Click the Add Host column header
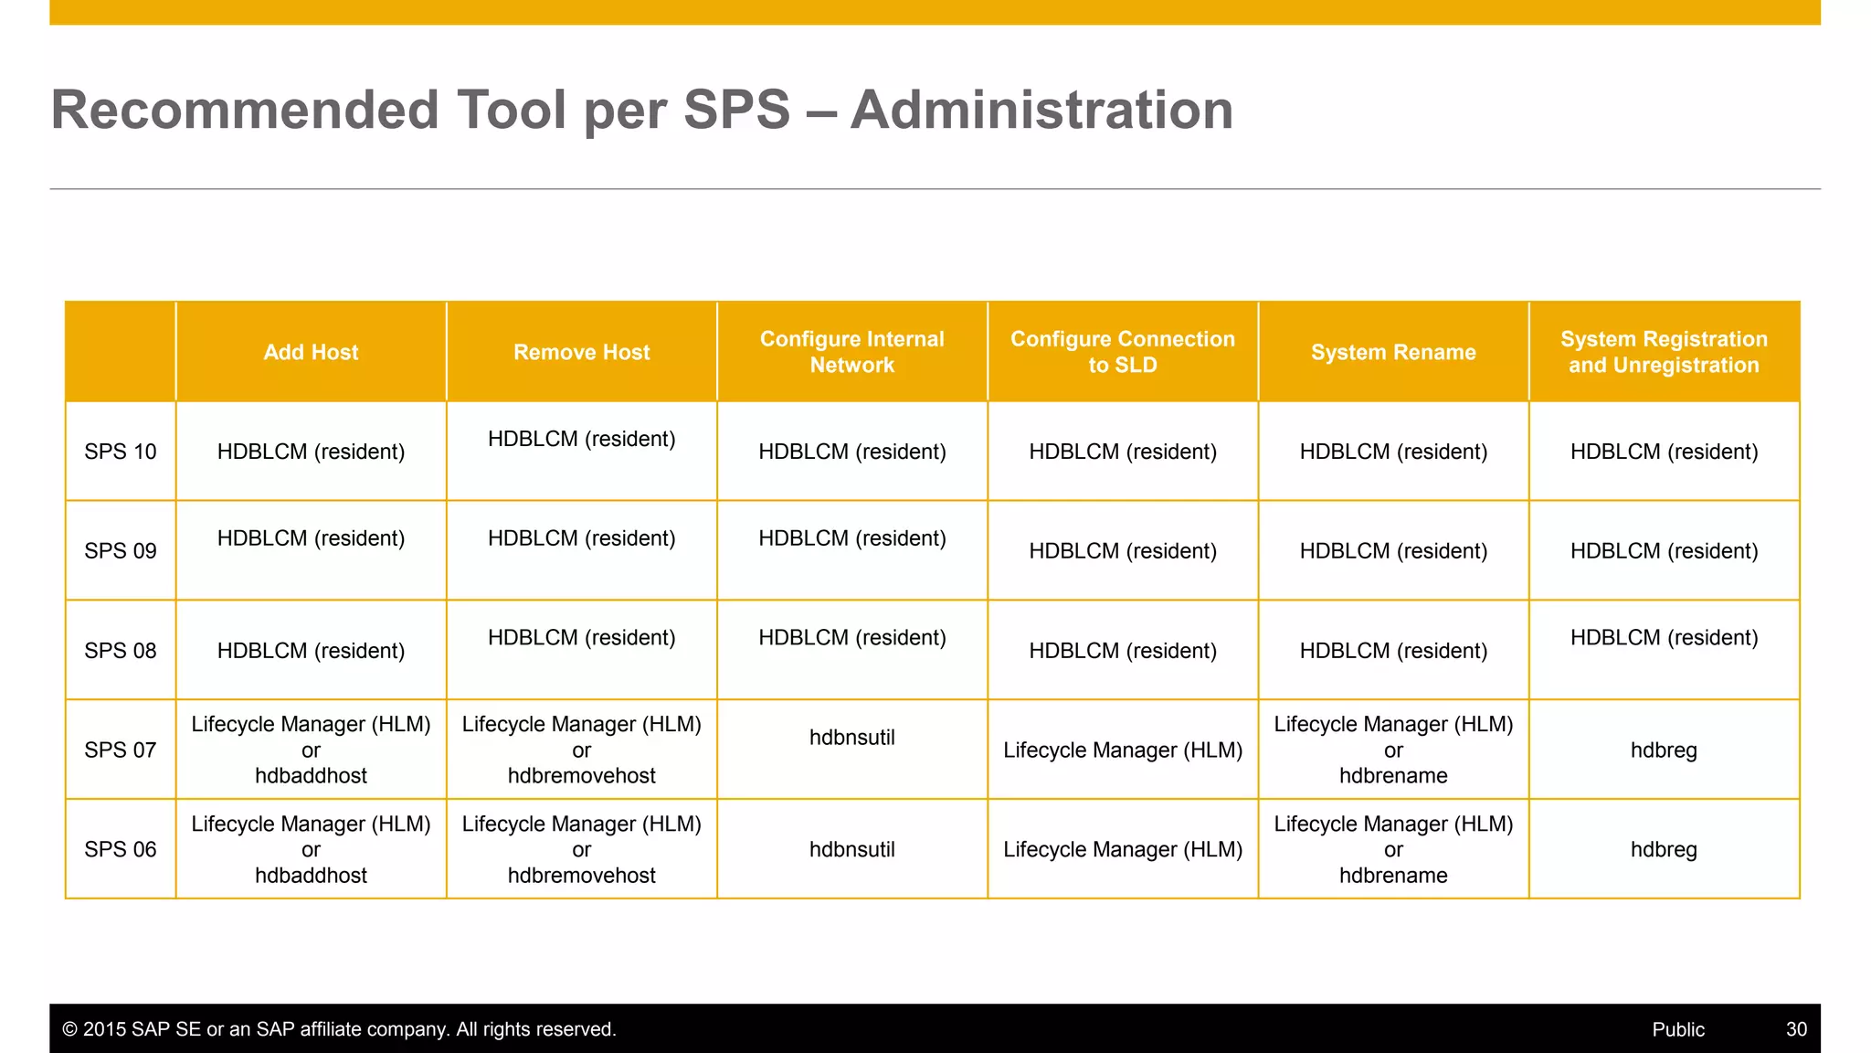pos(311,352)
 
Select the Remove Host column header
pos(581,352)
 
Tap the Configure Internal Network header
pos(851,352)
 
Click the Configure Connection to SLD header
pos(1122,352)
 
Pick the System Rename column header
pos(1392,352)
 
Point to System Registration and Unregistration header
pos(1663,352)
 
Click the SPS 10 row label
pos(120,452)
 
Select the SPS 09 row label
pos(120,551)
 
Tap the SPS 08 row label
pos(120,651)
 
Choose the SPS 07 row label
pos(120,750)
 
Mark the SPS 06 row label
pos(120,849)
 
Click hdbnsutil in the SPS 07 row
pos(851,738)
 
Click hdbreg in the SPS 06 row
pos(1663,849)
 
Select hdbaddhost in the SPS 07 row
pos(311,776)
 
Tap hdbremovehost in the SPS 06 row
pos(581,876)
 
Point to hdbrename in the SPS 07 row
pos(1392,776)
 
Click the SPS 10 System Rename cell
pos(1392,452)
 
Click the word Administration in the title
pos(1041,110)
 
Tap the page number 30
pos(1796,1029)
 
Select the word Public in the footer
pos(1677,1029)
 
